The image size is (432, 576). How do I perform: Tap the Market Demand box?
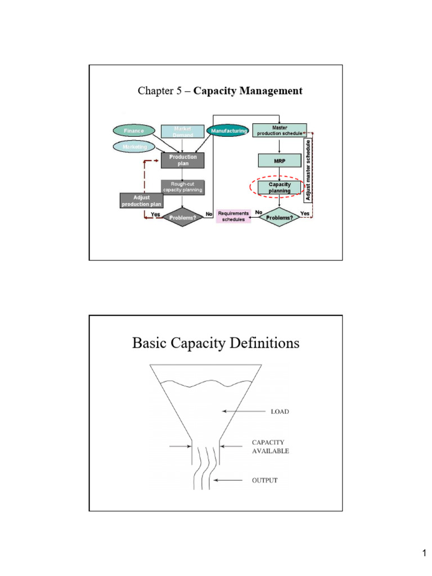(x=183, y=132)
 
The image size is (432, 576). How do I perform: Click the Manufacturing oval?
(x=228, y=130)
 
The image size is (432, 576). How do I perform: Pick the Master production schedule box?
(x=280, y=130)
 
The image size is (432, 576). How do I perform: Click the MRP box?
(x=280, y=160)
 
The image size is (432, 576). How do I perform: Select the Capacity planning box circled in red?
(x=280, y=187)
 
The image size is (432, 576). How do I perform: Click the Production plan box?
(x=183, y=160)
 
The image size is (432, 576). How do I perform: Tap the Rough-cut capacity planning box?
(x=183, y=187)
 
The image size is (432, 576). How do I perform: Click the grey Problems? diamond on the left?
(x=183, y=218)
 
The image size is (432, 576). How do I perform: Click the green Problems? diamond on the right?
(x=280, y=217)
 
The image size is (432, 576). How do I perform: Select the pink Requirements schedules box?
(x=233, y=217)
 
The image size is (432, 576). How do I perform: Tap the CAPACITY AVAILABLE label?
(x=271, y=447)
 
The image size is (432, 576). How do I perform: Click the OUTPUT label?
(x=264, y=480)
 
